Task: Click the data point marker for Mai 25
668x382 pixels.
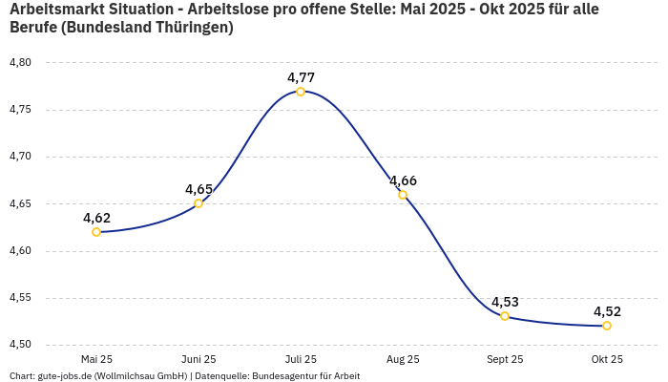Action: (96, 232)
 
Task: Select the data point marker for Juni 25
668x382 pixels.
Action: (198, 203)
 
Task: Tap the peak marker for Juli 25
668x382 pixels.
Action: (301, 92)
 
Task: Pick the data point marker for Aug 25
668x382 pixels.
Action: (403, 195)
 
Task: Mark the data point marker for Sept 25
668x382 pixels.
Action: (505, 316)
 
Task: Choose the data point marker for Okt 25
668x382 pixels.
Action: (607, 326)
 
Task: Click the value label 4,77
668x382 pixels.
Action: (301, 77)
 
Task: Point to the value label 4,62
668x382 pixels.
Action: (96, 218)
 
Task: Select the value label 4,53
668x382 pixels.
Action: (505, 302)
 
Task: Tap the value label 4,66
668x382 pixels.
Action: (403, 180)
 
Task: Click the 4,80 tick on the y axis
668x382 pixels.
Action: (20, 63)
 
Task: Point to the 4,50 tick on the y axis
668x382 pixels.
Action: (20, 345)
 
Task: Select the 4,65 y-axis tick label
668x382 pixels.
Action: (20, 203)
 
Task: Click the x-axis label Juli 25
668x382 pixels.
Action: (301, 359)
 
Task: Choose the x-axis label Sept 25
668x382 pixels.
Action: (505, 359)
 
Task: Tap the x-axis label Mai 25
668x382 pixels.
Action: (96, 359)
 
